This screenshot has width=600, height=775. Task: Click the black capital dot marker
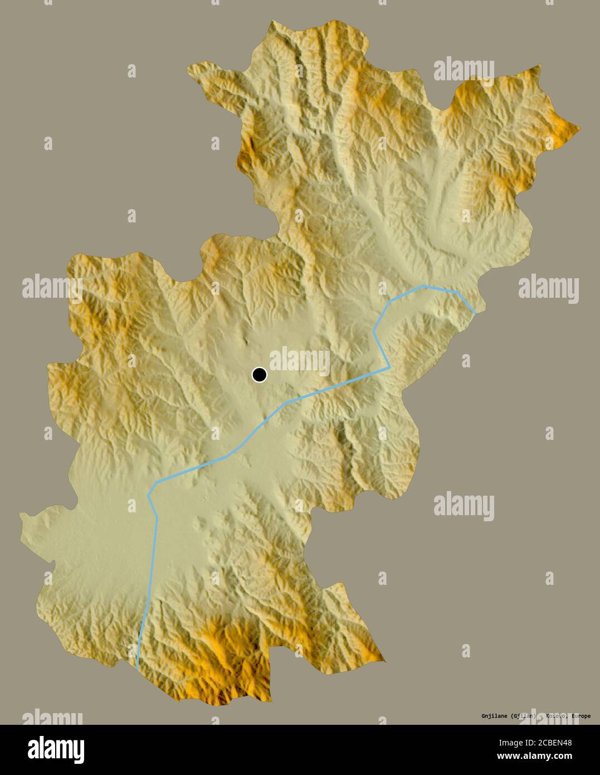tap(259, 375)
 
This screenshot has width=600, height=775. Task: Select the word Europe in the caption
tap(577, 716)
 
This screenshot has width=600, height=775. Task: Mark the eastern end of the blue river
tap(475, 313)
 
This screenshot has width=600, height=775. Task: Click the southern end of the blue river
tap(137, 667)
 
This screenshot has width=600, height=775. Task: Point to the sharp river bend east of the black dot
tap(389, 368)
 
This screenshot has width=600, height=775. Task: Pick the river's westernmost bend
tap(149, 495)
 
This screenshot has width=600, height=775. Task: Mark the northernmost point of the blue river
tap(425, 287)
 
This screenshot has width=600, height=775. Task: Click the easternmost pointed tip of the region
tap(579, 130)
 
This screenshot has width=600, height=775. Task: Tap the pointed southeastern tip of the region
tap(384, 661)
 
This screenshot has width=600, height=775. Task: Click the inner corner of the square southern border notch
tap(271, 649)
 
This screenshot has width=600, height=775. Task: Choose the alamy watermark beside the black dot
tap(299, 361)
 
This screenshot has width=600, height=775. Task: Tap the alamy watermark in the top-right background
tap(464, 70)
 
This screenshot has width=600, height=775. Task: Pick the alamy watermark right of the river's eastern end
tap(548, 288)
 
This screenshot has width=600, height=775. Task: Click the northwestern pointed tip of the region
tap(188, 67)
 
